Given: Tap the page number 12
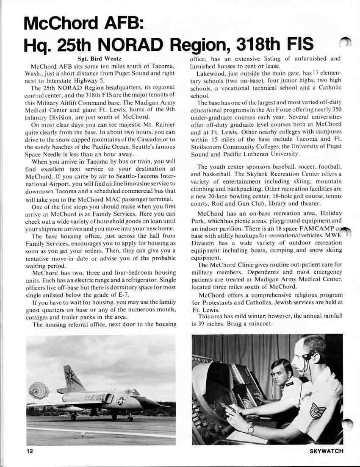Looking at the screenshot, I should coord(29,451).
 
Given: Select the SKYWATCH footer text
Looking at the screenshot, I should coord(327,451).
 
